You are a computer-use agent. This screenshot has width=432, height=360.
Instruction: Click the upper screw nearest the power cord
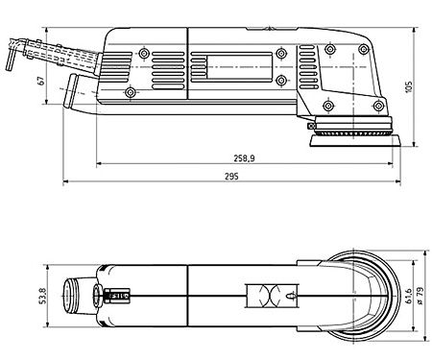(143, 53)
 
